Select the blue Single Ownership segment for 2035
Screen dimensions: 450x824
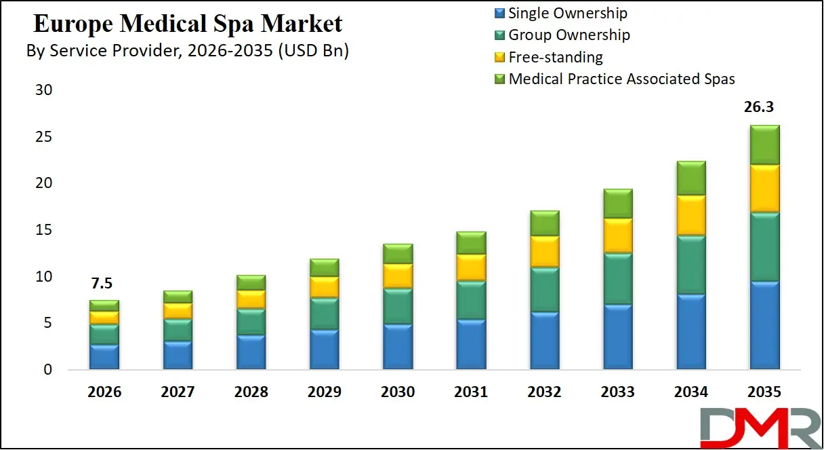click(x=764, y=325)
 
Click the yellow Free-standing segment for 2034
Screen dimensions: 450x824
click(x=691, y=215)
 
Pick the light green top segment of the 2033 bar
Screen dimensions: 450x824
click(x=617, y=204)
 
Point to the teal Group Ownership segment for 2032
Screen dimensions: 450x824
click(x=544, y=290)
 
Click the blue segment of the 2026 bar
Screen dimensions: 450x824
click(x=104, y=357)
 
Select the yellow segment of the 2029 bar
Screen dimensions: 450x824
click(x=324, y=287)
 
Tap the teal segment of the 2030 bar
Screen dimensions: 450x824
click(x=398, y=307)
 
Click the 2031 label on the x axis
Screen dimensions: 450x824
click(x=470, y=392)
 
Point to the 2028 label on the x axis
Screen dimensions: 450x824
click(x=251, y=392)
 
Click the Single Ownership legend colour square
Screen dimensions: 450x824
click(x=500, y=13)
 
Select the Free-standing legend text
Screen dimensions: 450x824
click(x=555, y=57)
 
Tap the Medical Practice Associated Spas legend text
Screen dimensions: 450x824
click(x=621, y=79)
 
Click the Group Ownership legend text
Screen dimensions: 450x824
click(x=569, y=35)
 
